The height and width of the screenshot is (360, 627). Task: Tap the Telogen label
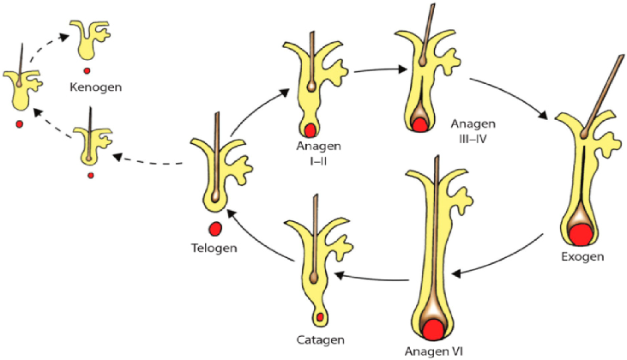[215, 249]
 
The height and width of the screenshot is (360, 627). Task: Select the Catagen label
[318, 339]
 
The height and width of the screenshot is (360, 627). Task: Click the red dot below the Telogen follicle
[215, 228]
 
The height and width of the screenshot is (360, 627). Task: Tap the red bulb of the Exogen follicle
[581, 233]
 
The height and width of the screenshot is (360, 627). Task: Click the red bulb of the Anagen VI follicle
[431, 328]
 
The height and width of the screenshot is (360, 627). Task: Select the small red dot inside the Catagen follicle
[320, 318]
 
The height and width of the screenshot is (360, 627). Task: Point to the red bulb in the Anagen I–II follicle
[309, 130]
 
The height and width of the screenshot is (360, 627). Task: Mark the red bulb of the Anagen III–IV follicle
[419, 125]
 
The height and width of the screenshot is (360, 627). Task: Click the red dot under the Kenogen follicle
[87, 69]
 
